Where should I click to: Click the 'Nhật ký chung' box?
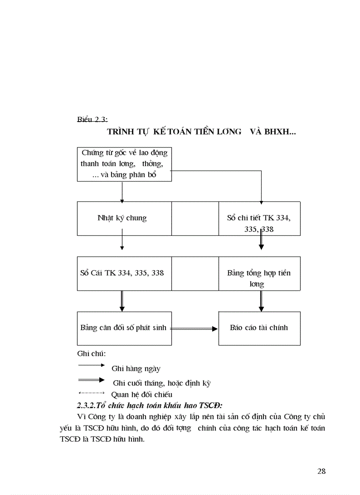pos(122,218)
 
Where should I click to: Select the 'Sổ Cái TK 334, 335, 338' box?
pos(122,273)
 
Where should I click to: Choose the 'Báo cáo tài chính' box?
pos(259,328)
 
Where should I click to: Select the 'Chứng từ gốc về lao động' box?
pos(124,164)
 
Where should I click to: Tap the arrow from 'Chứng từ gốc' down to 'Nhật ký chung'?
pos(122,191)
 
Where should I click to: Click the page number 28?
pos(321,471)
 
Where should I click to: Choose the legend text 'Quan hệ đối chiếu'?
pos(142,395)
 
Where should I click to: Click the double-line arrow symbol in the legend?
pos(91,380)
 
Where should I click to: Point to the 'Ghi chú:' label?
pos(91,354)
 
